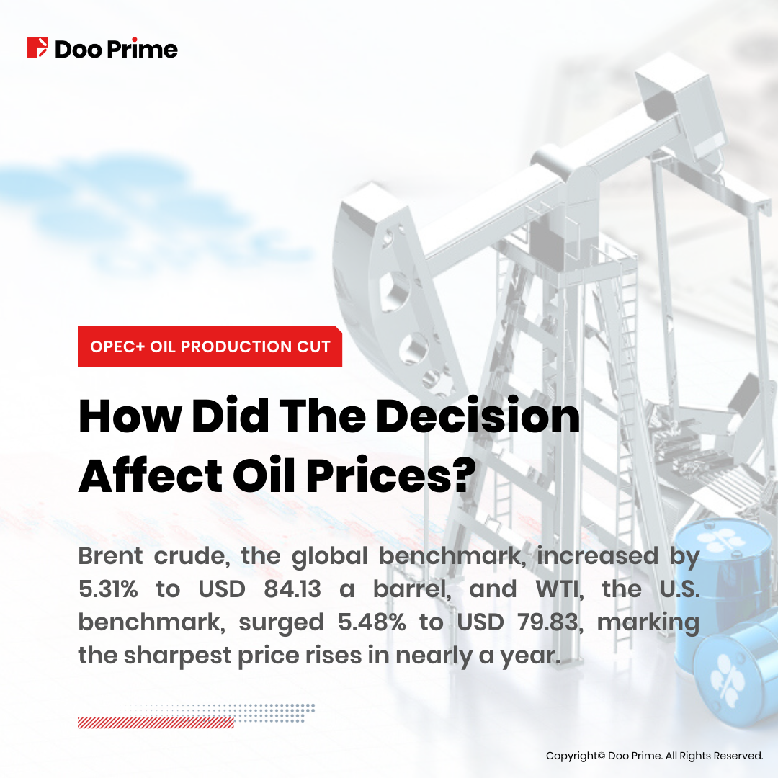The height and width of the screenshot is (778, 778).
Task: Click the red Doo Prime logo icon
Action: tap(37, 48)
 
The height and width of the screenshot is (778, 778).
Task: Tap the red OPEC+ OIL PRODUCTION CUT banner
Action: tap(210, 346)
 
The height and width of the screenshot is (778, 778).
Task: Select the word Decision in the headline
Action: tap(478, 416)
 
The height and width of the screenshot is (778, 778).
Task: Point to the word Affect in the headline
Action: tap(151, 475)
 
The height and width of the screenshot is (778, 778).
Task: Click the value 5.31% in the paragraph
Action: tap(108, 589)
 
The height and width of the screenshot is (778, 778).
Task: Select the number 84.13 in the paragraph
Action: tap(292, 589)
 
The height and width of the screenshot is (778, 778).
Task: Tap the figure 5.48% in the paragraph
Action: tap(372, 622)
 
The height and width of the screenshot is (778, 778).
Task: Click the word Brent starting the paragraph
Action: tap(111, 555)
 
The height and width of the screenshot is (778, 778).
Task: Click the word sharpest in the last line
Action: tap(177, 656)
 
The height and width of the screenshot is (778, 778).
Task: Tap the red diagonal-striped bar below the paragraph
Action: tap(156, 723)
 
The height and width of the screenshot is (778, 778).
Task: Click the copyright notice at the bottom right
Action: tap(654, 756)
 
